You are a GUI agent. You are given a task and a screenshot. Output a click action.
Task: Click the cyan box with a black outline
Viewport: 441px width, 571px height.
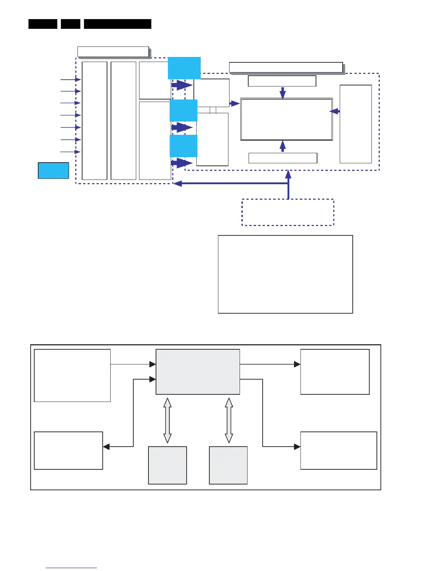[53, 171]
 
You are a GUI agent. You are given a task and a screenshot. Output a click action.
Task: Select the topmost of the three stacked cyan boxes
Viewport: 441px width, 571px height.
[184, 68]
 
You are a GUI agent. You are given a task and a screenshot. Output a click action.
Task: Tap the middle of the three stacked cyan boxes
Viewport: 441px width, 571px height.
[183, 110]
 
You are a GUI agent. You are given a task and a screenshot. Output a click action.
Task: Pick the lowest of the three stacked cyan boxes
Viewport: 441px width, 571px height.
[183, 146]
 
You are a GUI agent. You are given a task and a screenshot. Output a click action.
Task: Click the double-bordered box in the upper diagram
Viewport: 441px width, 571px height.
[286, 119]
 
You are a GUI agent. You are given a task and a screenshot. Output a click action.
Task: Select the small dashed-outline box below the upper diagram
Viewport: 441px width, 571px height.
[288, 212]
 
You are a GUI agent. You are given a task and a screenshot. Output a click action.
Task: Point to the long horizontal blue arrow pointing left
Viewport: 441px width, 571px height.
[231, 183]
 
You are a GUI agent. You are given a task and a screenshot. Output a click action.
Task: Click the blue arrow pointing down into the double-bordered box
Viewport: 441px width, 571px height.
[283, 93]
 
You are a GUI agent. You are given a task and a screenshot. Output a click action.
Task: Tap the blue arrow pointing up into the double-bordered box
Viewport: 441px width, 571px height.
[283, 146]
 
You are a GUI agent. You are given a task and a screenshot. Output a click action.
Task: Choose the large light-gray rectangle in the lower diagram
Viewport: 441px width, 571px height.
[198, 372]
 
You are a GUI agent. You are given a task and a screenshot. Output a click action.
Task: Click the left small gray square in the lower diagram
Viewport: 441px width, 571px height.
[168, 465]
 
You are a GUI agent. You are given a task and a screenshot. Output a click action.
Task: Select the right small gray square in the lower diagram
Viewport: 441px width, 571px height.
[228, 465]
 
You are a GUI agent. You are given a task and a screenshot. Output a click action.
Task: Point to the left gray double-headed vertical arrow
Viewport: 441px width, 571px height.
[167, 420]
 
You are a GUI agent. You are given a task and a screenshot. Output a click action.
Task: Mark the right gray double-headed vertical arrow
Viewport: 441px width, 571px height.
[229, 420]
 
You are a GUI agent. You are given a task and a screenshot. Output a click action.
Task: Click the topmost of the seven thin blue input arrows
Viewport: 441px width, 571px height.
[71, 80]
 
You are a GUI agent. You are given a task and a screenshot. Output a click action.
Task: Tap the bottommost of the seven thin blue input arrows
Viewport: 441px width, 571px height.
[71, 152]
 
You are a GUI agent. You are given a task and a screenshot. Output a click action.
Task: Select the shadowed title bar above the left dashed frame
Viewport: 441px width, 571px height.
[113, 52]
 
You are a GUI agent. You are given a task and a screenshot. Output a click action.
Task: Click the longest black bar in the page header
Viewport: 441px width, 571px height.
[117, 24]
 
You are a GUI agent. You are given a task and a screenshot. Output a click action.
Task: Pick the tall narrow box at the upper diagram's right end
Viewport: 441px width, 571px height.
[356, 124]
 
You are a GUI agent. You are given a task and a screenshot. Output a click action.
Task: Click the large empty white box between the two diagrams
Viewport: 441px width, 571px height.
[285, 274]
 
